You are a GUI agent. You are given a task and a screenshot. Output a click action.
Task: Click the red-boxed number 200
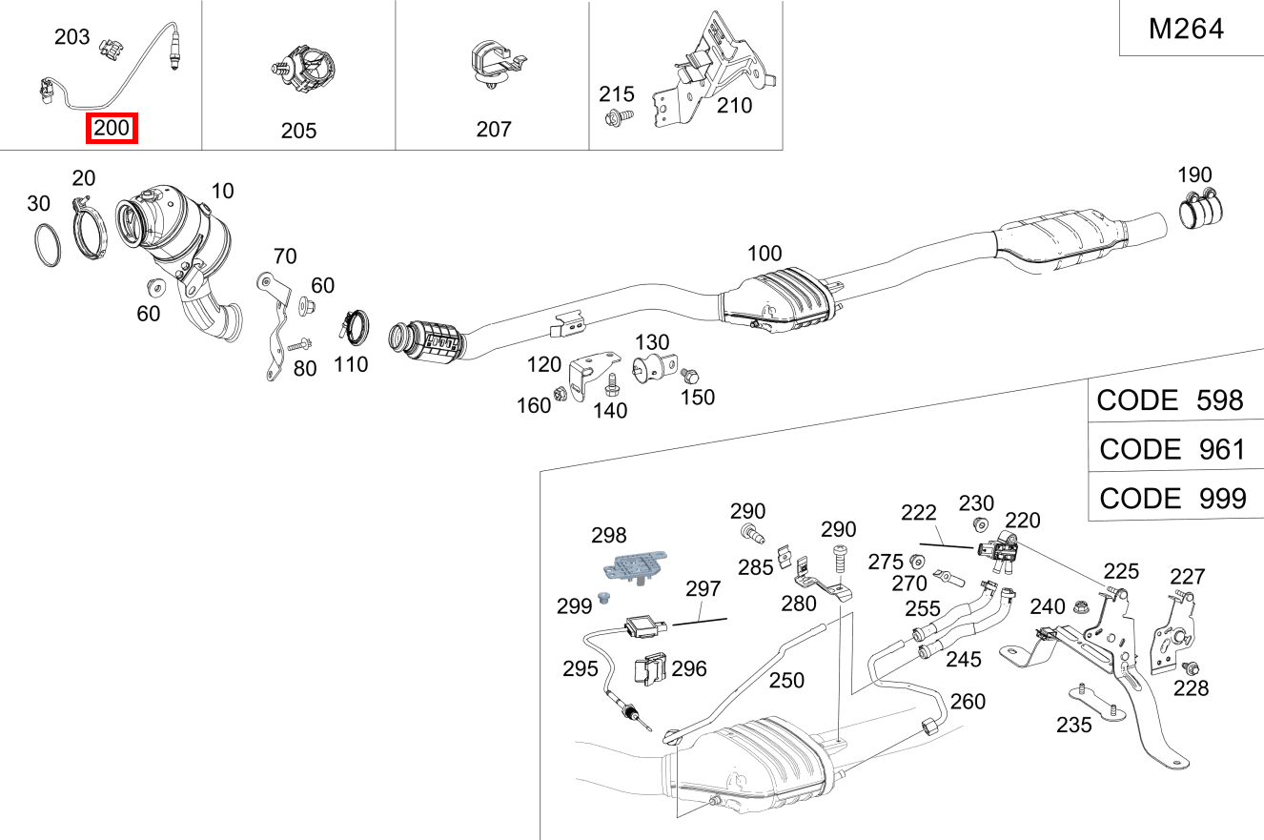(x=112, y=128)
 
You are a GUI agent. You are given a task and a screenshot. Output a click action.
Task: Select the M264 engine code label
(x=1186, y=29)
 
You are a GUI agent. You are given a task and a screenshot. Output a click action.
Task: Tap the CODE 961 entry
(x=1172, y=448)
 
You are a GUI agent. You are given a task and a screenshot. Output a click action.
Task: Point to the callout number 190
(x=1194, y=175)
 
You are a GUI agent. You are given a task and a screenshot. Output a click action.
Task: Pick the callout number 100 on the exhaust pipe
(x=765, y=254)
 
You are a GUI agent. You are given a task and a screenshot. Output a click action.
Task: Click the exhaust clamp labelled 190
(x=1202, y=211)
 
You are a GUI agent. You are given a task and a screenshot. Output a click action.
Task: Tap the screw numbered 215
(x=615, y=118)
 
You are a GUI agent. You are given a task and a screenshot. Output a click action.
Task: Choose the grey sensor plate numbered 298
(x=630, y=565)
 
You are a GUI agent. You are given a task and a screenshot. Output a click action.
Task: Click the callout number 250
(x=786, y=681)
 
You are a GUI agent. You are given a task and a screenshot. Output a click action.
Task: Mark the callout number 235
(x=1074, y=725)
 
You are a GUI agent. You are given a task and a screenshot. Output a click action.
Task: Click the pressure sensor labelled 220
(x=996, y=552)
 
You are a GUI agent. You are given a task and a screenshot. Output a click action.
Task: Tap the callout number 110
(x=351, y=364)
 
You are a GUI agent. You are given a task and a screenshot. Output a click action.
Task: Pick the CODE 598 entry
(x=1171, y=400)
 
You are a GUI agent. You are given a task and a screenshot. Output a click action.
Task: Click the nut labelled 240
(x=1081, y=606)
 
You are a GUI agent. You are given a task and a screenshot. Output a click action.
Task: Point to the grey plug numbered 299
(x=602, y=599)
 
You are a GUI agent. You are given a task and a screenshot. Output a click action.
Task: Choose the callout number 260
(x=968, y=702)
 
